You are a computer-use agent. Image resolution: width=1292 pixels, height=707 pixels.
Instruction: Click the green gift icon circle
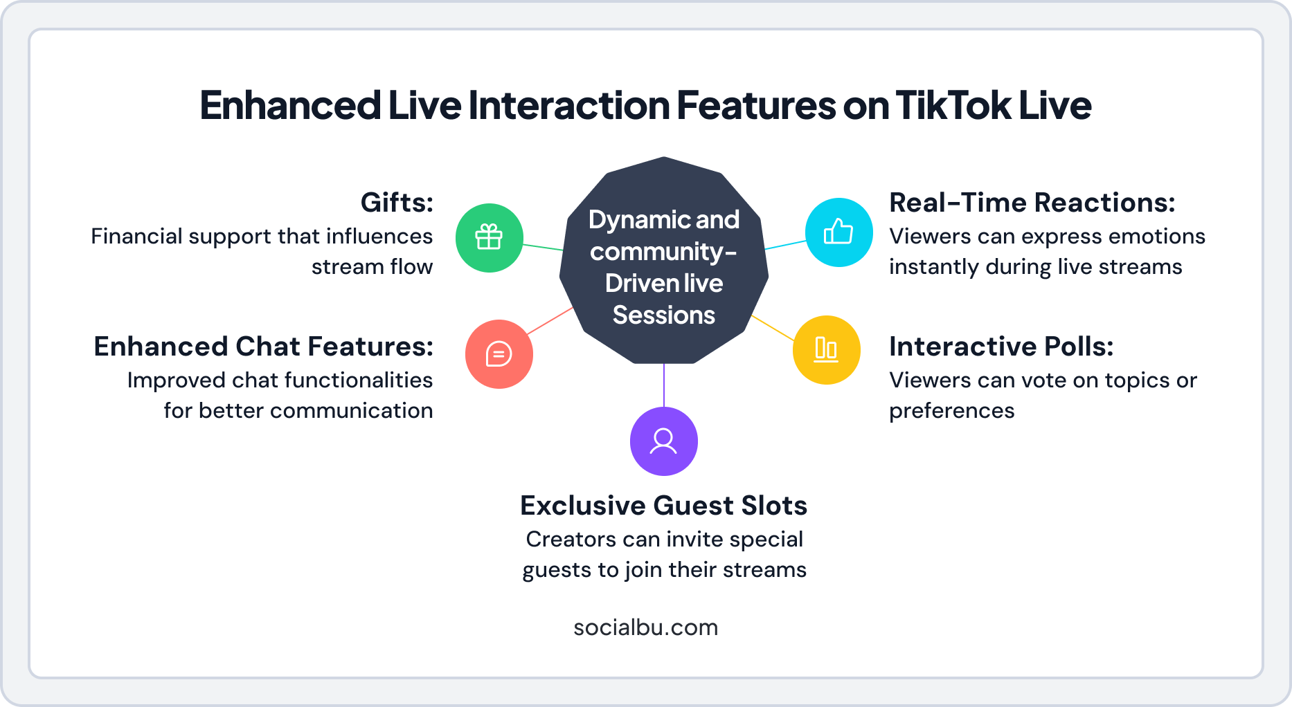click(x=489, y=237)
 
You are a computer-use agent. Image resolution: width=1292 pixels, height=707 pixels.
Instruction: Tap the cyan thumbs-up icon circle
click(x=838, y=232)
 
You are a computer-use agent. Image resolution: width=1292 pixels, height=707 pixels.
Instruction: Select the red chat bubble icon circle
click(x=499, y=353)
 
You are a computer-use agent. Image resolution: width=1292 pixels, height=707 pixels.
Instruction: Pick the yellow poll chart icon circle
click(x=826, y=349)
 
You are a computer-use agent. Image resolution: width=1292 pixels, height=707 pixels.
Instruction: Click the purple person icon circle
click(x=663, y=441)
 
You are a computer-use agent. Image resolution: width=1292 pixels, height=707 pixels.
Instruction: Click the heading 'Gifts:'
click(x=397, y=203)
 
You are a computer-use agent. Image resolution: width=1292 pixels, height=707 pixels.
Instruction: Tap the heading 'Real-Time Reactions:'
click(x=1032, y=203)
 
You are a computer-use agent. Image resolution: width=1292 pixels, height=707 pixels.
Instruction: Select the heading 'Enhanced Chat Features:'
click(x=263, y=347)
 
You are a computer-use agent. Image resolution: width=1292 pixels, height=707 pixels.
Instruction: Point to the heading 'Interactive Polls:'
click(x=1001, y=347)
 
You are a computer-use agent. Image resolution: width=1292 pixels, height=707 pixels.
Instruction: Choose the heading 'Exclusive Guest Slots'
click(x=663, y=506)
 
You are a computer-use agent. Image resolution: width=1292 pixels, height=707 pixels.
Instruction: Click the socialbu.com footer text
click(x=645, y=627)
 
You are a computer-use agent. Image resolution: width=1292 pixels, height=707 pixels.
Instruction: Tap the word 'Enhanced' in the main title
click(x=290, y=105)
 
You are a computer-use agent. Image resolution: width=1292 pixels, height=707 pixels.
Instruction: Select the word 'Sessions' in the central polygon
click(x=663, y=315)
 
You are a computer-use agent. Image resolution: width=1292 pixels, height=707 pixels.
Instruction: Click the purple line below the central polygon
click(x=664, y=385)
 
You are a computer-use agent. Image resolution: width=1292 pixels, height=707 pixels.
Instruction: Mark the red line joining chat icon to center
click(x=550, y=321)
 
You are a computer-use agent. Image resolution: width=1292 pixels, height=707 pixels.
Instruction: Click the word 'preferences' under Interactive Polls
click(x=951, y=411)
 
